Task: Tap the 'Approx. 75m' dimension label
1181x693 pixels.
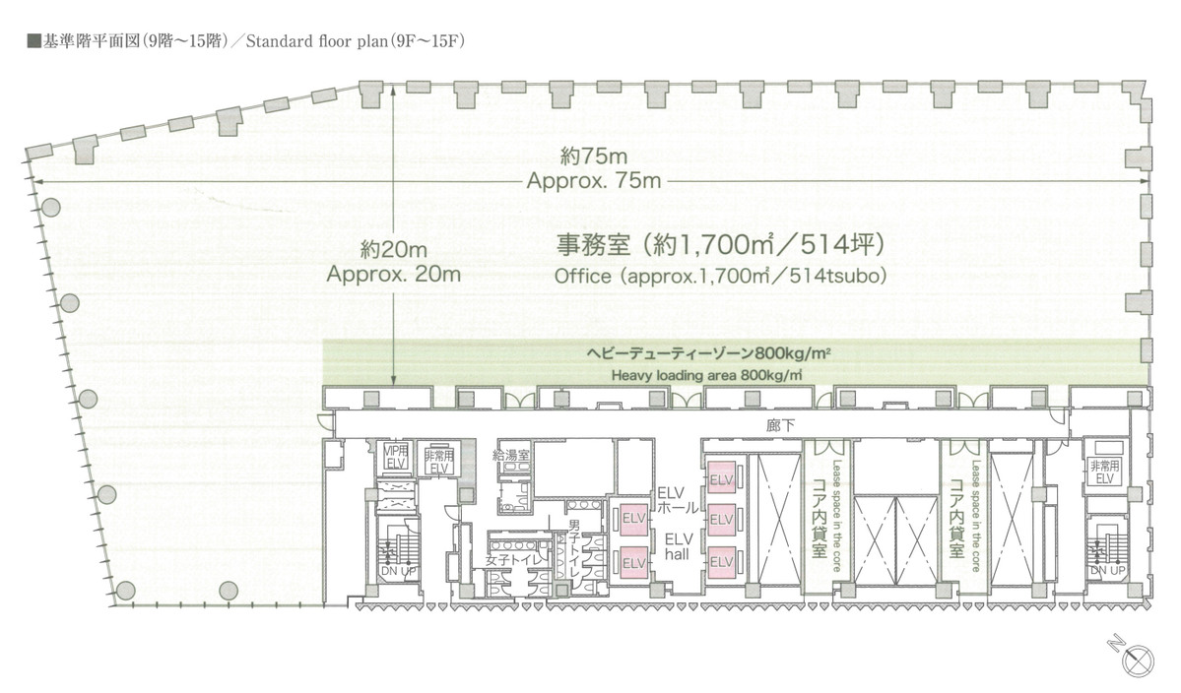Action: coord(593,182)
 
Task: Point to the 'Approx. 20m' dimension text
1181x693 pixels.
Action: coord(394,275)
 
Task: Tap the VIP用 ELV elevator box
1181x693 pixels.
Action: coord(394,459)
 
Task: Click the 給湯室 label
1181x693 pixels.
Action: coord(511,455)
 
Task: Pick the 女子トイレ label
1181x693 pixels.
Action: coord(508,560)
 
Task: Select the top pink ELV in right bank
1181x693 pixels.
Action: coord(721,479)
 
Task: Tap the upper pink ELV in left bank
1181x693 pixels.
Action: coord(632,517)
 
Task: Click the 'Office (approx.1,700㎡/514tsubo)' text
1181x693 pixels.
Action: coord(719,277)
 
